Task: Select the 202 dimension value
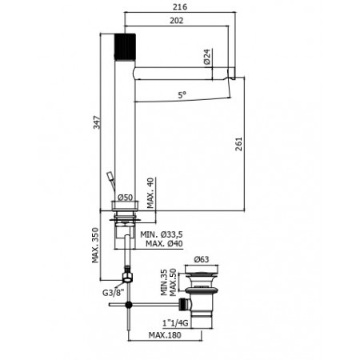176,22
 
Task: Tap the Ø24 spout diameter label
206,58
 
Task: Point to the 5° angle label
182,95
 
